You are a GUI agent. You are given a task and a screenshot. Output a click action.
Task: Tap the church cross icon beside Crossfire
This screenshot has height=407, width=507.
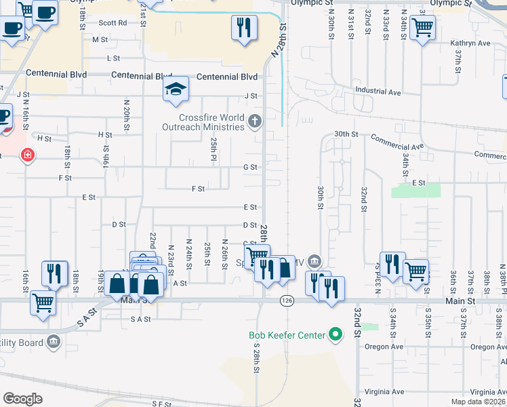[255, 121]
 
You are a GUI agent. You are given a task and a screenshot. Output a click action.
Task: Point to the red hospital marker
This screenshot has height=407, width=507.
[28, 155]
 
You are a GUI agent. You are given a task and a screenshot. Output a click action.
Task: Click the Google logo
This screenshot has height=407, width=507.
[22, 399]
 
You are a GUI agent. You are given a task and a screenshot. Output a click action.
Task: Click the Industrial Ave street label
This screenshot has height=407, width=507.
[378, 92]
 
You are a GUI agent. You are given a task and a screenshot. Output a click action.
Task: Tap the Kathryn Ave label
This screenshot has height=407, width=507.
[470, 43]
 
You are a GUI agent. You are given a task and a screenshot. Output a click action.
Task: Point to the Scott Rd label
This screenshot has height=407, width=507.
[113, 22]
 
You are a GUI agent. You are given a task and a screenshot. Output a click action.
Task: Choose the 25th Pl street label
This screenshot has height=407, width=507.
[214, 146]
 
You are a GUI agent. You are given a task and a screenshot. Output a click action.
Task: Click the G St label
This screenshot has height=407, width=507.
[250, 167]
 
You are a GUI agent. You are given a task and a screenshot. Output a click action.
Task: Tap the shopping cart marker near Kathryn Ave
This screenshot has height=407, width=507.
[422, 28]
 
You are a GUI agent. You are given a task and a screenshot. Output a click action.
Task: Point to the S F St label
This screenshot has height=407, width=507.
[161, 403]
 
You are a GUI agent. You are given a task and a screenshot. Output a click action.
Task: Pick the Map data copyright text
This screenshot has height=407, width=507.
[478, 402]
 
